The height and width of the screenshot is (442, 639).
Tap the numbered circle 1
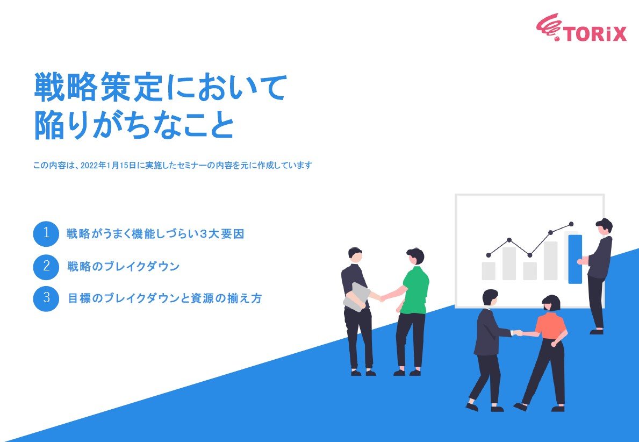tap(46, 234)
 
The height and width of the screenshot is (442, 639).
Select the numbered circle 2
tap(46, 267)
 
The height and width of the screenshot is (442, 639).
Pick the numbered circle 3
tap(46, 298)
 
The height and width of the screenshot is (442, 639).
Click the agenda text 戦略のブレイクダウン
tap(123, 267)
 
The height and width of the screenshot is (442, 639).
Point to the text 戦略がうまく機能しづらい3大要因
tap(155, 234)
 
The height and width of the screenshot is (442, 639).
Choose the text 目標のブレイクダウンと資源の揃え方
tap(164, 298)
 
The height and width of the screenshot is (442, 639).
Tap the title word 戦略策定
tap(97, 88)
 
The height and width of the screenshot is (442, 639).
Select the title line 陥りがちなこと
tap(134, 125)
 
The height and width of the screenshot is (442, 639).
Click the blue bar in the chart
tap(575, 259)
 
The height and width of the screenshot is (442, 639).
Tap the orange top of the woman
tap(551, 326)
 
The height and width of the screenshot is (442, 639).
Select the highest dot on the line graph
tap(571, 224)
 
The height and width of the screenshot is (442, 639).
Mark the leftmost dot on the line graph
tap(489, 255)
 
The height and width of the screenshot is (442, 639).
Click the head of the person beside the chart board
tap(604, 226)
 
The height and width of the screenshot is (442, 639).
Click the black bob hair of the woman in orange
tap(551, 302)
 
